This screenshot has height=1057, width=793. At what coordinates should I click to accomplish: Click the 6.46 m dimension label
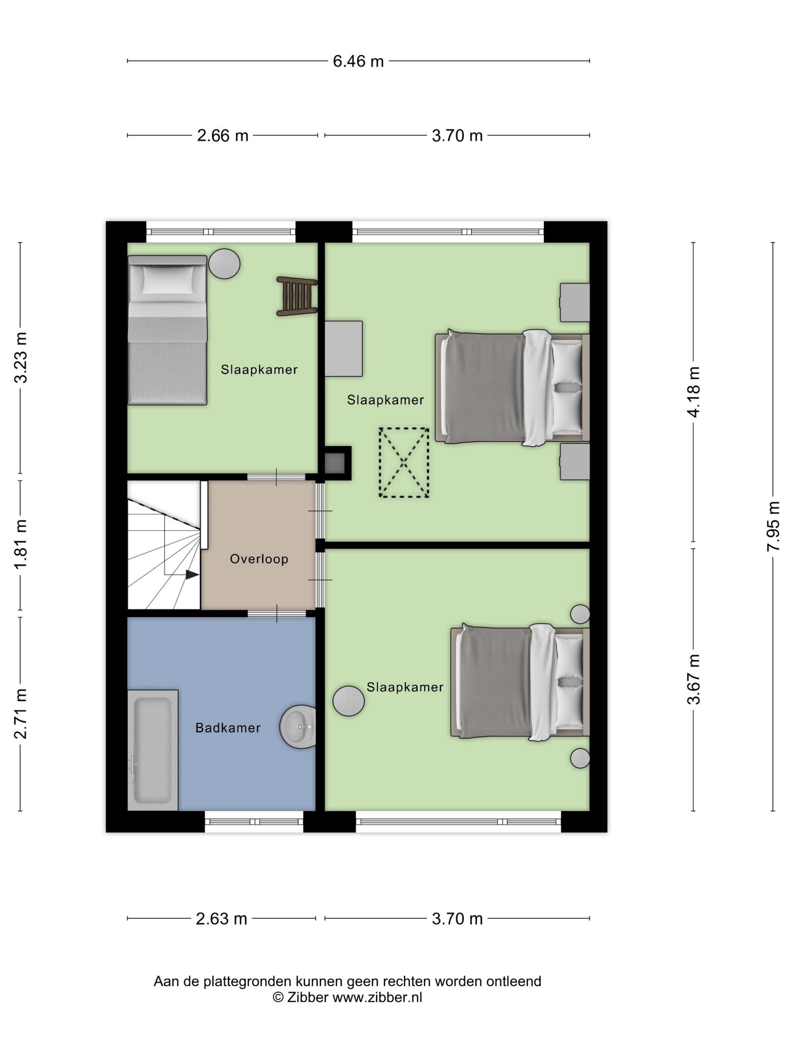coord(358,61)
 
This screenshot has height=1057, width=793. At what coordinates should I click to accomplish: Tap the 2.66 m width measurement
coord(223,136)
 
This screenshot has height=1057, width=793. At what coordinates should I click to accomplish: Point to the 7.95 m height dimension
coord(773,526)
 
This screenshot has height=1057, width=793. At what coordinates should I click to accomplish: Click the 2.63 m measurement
coord(221,918)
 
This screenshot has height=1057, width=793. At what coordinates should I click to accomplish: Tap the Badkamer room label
coord(228,728)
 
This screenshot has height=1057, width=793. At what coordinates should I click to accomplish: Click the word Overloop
coord(259,559)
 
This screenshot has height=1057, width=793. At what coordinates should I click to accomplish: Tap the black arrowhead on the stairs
coord(192,575)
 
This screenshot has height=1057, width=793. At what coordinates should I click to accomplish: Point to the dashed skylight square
coord(404,462)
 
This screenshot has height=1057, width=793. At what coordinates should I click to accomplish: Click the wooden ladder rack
coord(297,296)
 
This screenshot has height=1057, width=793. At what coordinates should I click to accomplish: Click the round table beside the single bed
coord(224,263)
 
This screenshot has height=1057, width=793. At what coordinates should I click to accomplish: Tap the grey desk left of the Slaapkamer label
coord(344,348)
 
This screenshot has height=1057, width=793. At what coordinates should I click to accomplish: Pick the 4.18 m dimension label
coord(694,392)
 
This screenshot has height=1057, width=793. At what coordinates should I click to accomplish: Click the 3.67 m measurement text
coord(694,679)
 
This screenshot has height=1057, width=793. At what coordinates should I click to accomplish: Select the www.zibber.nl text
coord(377,997)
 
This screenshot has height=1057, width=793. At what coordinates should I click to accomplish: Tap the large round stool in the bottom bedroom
coord(349,701)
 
